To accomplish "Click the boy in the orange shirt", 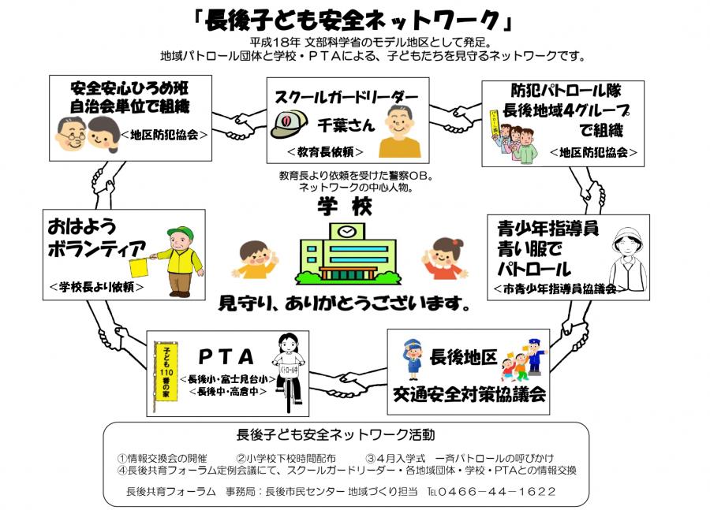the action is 255,260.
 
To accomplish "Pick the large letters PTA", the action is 226,357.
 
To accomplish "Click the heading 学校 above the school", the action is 345,207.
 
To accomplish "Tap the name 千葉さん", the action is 346,125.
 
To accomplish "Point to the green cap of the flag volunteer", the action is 181,233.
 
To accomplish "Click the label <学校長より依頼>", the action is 96,286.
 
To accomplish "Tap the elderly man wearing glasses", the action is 71,134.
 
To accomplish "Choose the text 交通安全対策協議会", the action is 469,394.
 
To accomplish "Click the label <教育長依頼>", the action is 325,152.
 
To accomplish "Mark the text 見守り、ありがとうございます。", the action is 345,303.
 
